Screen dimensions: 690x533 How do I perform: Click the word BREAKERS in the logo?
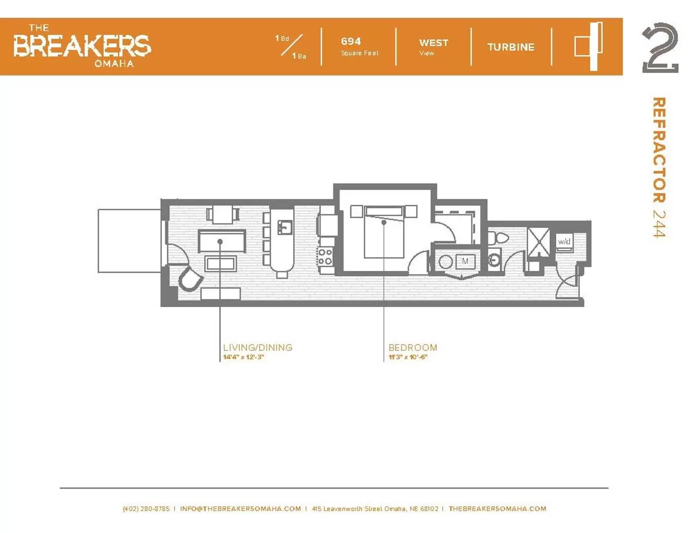[x=82, y=46]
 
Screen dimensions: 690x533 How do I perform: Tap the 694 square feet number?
[x=351, y=41]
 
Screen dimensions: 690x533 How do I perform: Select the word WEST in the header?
[x=433, y=42]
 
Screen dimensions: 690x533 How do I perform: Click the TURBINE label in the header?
[x=511, y=47]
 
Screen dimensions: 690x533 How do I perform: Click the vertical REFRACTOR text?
[x=659, y=150]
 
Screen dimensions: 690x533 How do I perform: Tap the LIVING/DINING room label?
[x=258, y=347]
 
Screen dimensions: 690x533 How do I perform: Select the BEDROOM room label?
[x=413, y=347]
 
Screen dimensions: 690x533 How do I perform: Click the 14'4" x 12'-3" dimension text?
[x=243, y=357]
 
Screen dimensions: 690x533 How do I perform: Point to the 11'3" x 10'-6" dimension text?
[x=408, y=357]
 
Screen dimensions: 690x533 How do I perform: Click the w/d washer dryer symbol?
[x=564, y=242]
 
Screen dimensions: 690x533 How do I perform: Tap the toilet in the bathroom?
[x=498, y=237]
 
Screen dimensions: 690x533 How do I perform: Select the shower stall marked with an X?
[x=538, y=241]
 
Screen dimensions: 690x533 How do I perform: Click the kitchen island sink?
[x=285, y=228]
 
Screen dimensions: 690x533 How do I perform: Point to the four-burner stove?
[x=325, y=257]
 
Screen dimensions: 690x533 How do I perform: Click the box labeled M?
[x=465, y=261]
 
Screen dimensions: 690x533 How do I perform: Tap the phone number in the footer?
[x=146, y=508]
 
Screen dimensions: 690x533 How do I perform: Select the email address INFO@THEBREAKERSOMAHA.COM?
[x=240, y=508]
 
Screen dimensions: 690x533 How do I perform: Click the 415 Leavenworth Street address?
[x=375, y=508]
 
